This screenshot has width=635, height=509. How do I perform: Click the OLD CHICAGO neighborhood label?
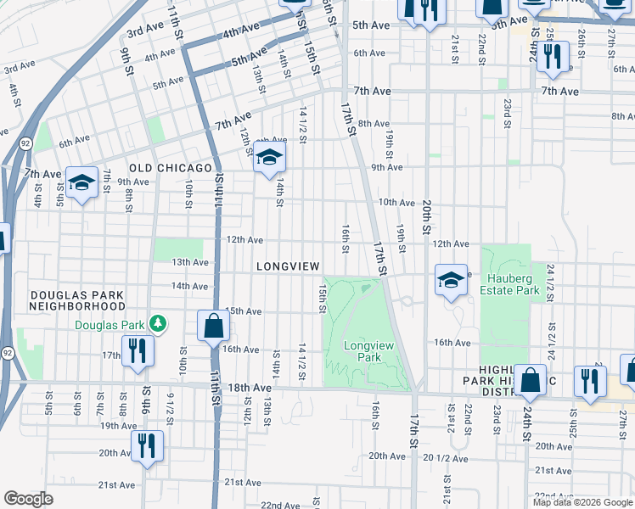tap(170, 168)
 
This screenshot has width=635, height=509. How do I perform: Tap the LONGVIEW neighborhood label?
tap(289, 266)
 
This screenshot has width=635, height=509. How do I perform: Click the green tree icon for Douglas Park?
tap(157, 324)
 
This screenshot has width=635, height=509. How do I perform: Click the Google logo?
tap(28, 499)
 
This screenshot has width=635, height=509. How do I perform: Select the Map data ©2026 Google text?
tap(582, 502)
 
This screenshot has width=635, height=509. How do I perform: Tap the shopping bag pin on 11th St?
tap(213, 325)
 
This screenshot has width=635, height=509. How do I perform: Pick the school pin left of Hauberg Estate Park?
tap(451, 279)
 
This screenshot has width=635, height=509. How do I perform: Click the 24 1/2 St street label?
tap(550, 285)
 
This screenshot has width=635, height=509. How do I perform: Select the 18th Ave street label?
tap(250, 388)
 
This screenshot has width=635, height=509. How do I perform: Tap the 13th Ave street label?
tap(190, 263)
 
